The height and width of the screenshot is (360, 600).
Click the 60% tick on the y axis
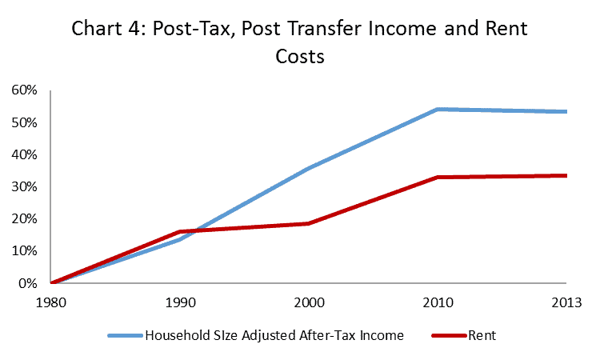click(x=24, y=90)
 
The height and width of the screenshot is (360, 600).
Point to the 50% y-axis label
click(x=24, y=122)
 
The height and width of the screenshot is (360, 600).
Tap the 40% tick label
click(x=24, y=154)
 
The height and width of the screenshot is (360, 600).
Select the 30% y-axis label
click(x=24, y=186)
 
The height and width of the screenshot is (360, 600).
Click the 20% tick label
click(x=24, y=218)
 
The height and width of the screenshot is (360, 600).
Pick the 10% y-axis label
click(x=24, y=250)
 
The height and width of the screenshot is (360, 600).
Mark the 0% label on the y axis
click(x=27, y=283)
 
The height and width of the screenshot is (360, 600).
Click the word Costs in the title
click(x=299, y=58)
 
